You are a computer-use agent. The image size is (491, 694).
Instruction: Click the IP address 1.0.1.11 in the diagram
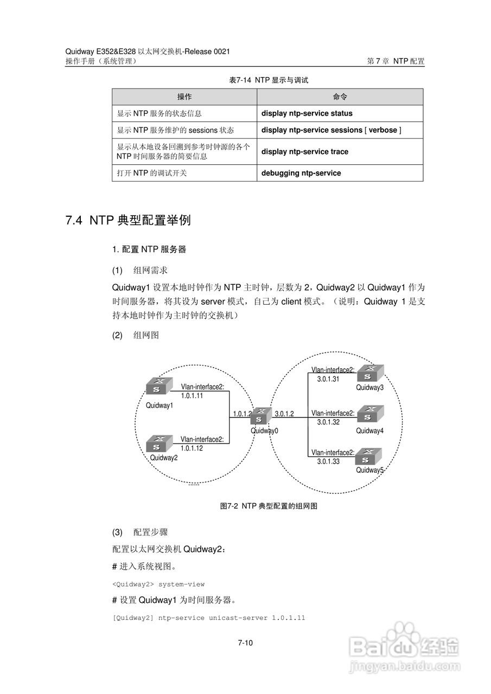192,396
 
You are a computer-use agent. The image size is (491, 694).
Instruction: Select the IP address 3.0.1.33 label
328,461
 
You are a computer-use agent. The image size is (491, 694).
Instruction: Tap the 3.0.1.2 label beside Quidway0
284,414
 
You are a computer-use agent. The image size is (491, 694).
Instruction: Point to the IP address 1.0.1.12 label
192,448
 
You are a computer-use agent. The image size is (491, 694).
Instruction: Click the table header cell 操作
184,97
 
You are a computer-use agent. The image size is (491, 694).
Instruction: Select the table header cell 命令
340,97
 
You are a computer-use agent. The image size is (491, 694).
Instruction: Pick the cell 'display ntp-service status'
307,113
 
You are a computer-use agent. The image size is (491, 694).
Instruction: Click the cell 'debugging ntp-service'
301,173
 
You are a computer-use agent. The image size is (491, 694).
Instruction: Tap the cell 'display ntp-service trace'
305,152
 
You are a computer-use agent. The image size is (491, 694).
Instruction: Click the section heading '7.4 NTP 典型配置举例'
128,221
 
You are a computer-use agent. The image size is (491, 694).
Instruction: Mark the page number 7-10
245,644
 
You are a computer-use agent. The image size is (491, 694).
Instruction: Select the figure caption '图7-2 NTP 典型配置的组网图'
269,506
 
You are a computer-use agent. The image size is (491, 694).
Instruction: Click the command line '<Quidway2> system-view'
158,584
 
